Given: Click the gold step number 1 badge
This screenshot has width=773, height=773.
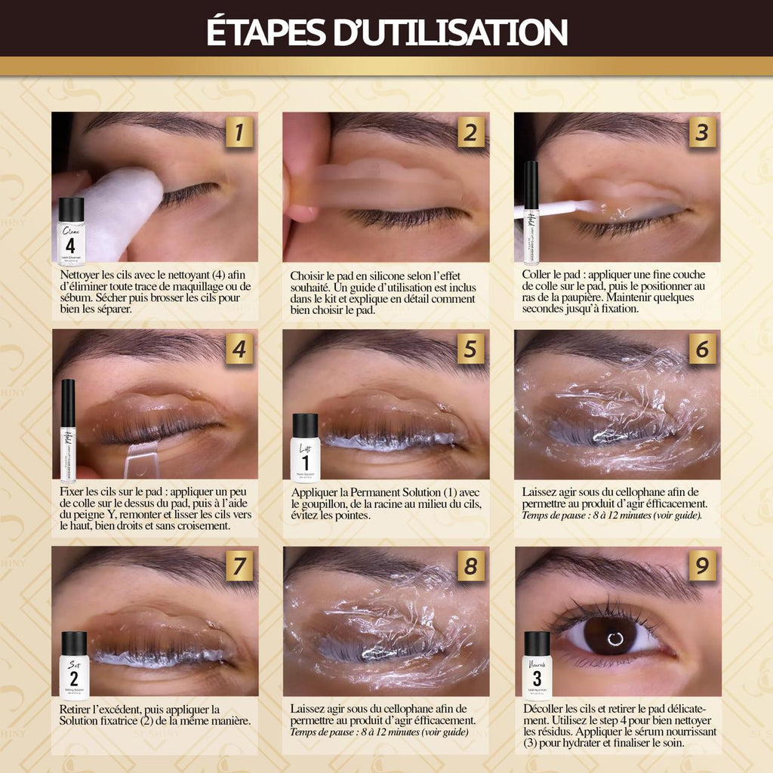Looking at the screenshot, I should pyautogui.click(x=239, y=133).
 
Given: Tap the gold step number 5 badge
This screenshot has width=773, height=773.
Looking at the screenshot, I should pyautogui.click(x=471, y=350).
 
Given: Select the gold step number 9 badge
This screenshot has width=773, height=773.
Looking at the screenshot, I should pyautogui.click(x=702, y=565).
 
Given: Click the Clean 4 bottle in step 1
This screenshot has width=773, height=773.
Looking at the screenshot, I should pyautogui.click(x=71, y=232).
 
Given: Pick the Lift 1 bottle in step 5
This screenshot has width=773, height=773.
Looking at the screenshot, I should pyautogui.click(x=305, y=448).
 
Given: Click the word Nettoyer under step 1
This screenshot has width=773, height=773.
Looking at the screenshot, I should pyautogui.click(x=80, y=274).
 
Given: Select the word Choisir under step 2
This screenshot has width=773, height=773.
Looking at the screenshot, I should pyautogui.click(x=308, y=276).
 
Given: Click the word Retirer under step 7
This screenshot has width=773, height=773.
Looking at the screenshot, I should pyautogui.click(x=79, y=709).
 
